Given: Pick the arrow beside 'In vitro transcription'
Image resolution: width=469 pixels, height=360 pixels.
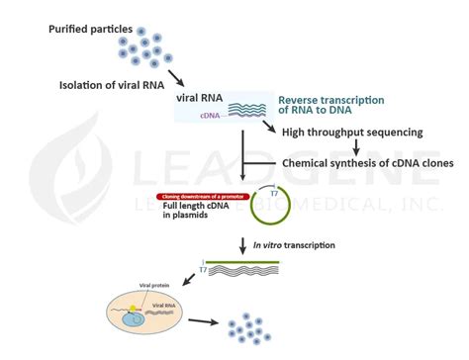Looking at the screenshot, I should (x=241, y=244).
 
